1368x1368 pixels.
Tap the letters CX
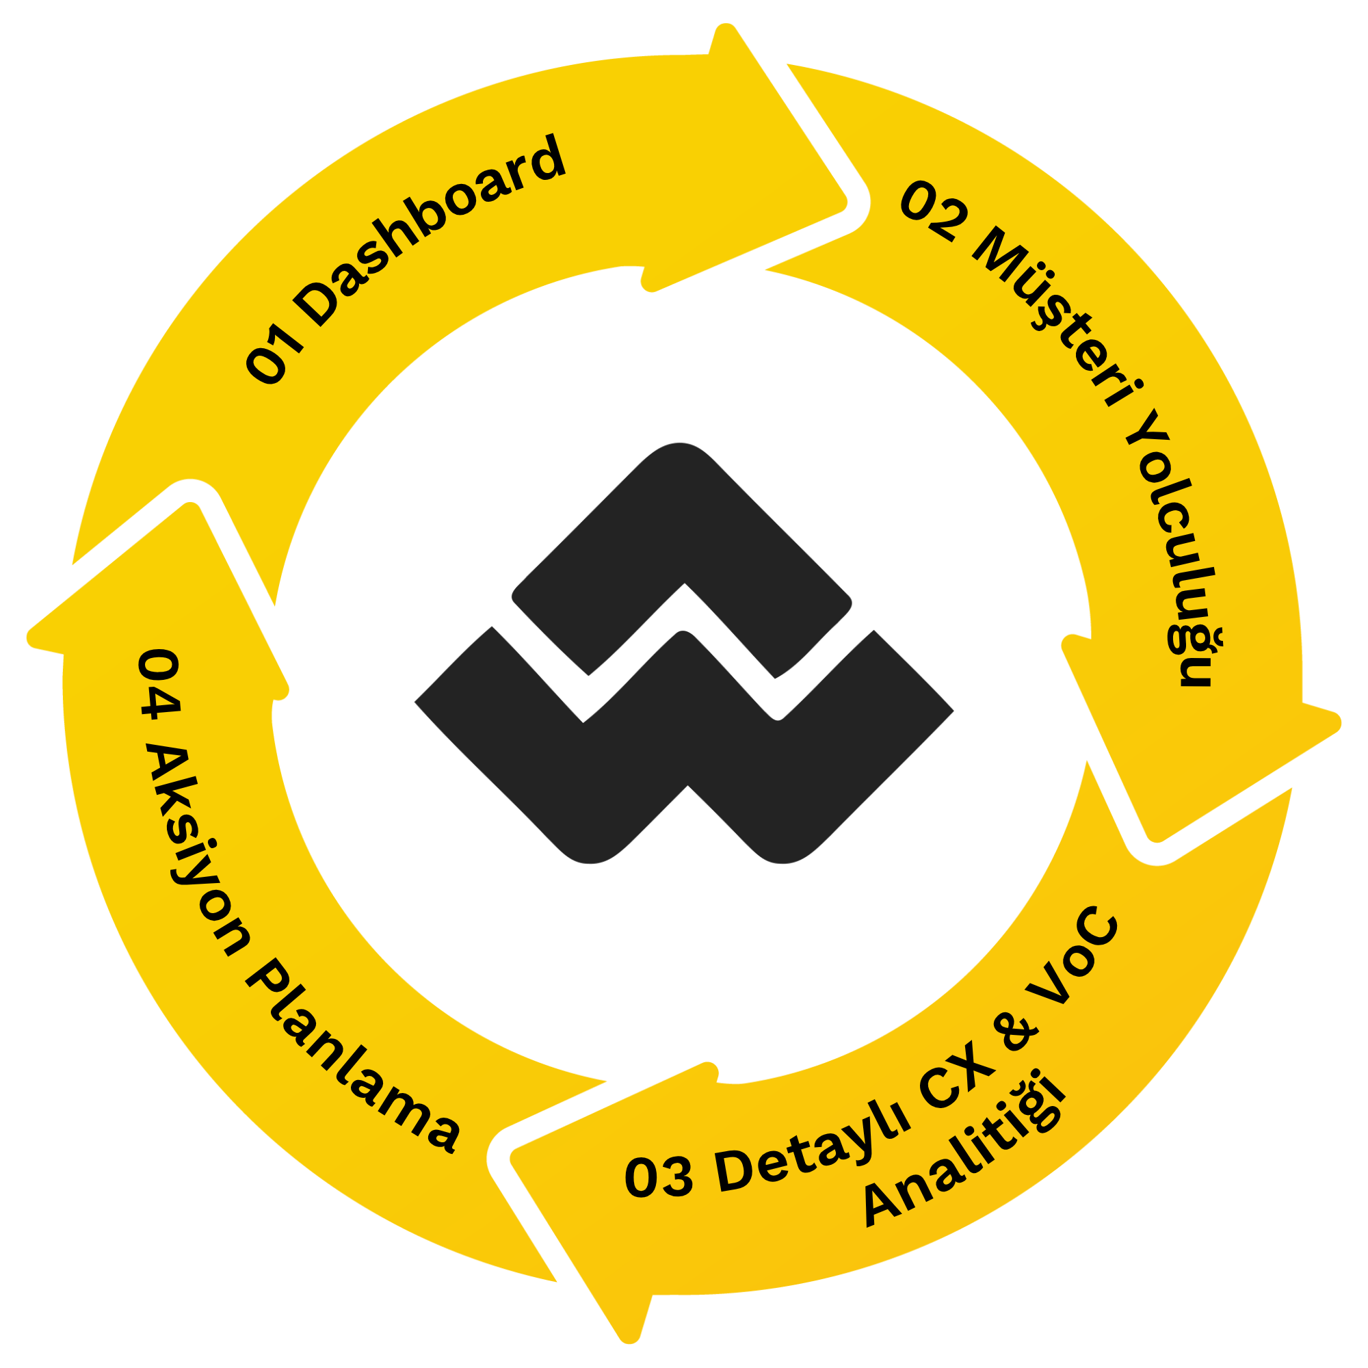click(x=952, y=1076)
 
